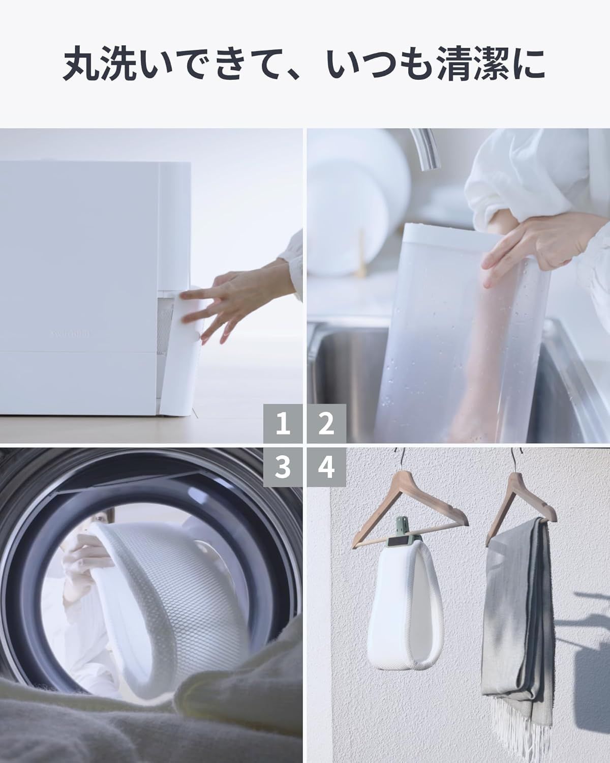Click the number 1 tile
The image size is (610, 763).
284,424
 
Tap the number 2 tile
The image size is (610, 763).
326,424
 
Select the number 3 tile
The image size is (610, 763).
284,467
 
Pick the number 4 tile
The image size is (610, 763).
326,467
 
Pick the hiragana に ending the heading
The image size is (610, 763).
528,65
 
